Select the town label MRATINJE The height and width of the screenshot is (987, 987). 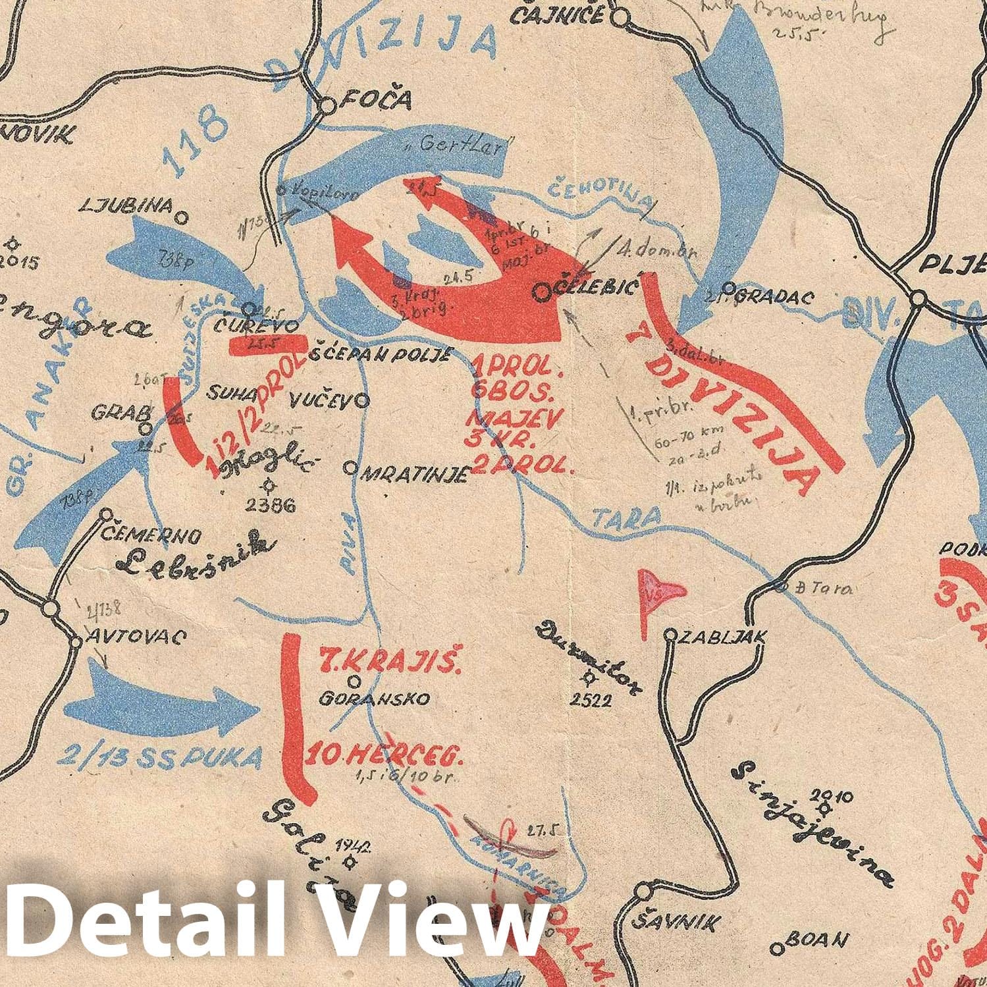click(415, 474)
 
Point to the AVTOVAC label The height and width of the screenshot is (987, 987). click(137, 637)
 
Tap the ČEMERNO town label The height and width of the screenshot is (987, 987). click(150, 536)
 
